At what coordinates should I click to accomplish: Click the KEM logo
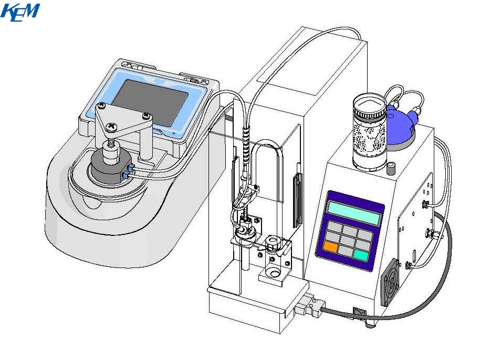coord(20,12)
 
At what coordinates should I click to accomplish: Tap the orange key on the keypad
coord(330,247)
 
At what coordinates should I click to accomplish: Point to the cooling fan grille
coord(390,282)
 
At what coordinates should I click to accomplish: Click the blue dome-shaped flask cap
coord(401,125)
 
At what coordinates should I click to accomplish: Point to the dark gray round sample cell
coord(110,169)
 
